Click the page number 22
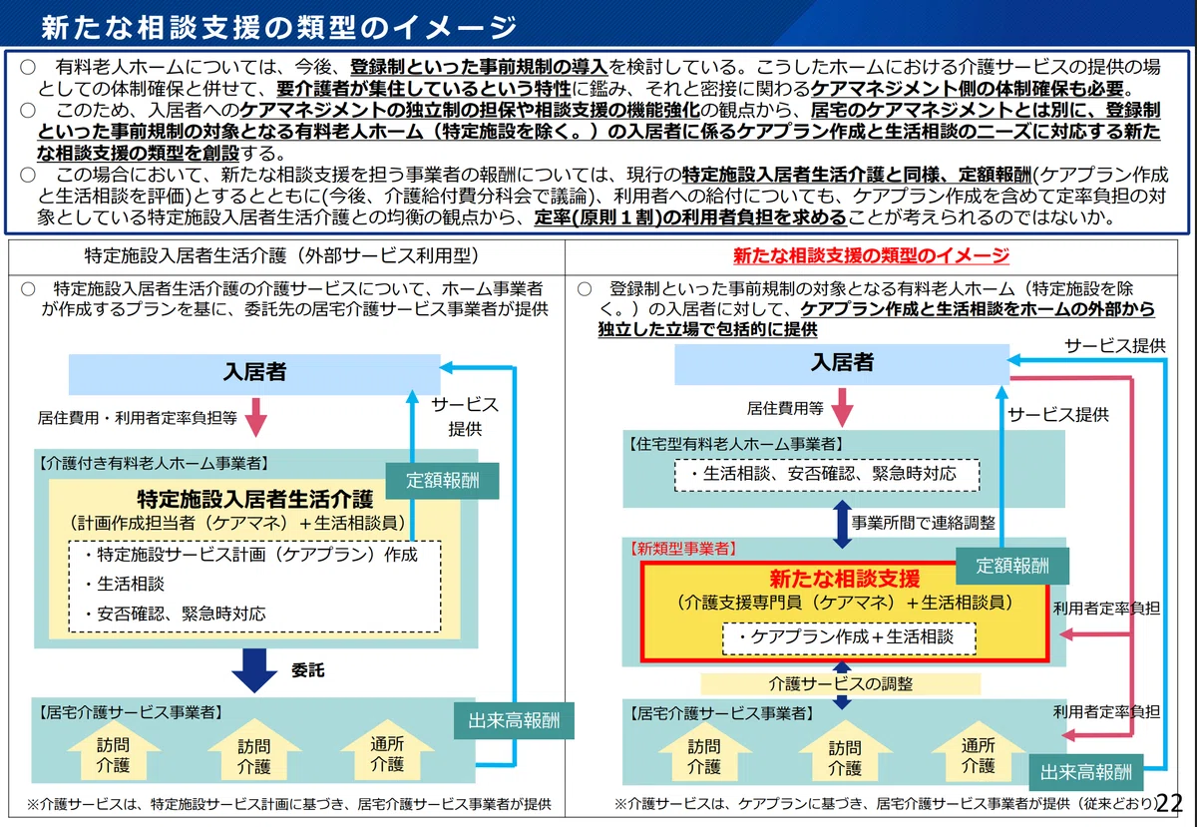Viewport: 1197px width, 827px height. coord(1169,803)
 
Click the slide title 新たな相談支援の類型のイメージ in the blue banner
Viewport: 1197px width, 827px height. coord(279,27)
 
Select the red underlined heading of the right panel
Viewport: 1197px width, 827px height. coord(871,255)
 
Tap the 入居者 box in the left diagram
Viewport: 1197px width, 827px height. coord(254,374)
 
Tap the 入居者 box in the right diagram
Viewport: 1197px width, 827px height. coord(842,364)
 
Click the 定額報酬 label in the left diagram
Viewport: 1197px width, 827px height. coord(442,481)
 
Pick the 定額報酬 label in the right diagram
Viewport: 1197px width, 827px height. coord(1012,566)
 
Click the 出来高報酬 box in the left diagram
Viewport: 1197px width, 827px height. coord(514,720)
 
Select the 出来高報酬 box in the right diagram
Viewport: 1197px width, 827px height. coord(1086,772)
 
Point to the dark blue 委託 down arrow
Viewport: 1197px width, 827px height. coord(254,670)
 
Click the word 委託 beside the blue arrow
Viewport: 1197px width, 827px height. coord(308,670)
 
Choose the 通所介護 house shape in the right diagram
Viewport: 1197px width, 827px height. coord(978,751)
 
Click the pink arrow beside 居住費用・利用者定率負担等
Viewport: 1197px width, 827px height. coord(256,417)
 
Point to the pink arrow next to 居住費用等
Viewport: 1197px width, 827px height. coord(842,407)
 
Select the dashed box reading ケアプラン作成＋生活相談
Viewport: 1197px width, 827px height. coord(849,638)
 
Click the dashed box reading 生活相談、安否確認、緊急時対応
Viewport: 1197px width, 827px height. coord(827,475)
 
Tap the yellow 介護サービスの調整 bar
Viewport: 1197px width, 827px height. coord(841,683)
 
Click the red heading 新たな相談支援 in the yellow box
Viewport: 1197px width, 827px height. coord(844,579)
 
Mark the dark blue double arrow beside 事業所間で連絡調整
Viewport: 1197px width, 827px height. coord(842,524)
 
